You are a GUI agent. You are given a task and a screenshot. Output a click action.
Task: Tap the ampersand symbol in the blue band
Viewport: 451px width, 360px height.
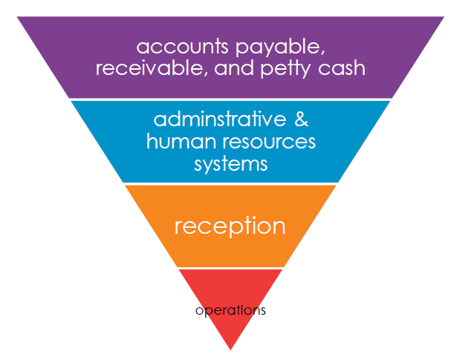pyautogui.click(x=298, y=120)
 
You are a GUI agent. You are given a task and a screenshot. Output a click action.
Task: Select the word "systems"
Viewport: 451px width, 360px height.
pyautogui.click(x=230, y=163)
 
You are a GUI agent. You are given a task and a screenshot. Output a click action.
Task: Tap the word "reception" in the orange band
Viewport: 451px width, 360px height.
pyautogui.click(x=230, y=226)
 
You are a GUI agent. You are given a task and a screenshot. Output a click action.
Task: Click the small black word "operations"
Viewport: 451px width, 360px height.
pyautogui.click(x=230, y=310)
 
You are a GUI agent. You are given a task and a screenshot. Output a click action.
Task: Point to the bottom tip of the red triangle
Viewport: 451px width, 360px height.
pyautogui.click(x=230, y=349)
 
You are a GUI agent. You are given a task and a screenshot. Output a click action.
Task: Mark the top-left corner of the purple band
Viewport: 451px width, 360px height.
pyautogui.click(x=16, y=18)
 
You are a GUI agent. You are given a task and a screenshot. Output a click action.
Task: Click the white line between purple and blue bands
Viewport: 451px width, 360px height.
pyautogui.click(x=230, y=99)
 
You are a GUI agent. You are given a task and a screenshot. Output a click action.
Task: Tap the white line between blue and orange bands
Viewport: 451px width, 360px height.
pyautogui.click(x=230, y=184)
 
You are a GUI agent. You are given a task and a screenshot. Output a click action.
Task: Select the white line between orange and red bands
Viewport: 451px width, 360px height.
pyautogui.click(x=230, y=268)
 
